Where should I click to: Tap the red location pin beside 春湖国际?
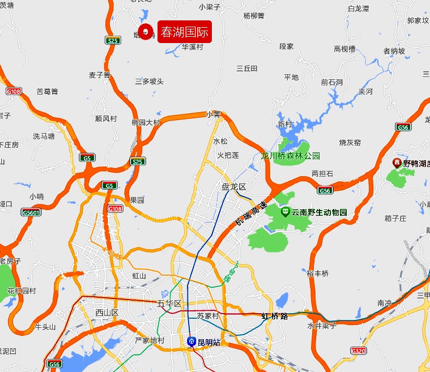pos(146,32)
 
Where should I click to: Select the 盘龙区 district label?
pos(233,186)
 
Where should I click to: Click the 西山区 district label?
pos(107,313)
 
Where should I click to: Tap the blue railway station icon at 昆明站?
pos(192,341)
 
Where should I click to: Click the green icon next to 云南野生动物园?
pos(285,212)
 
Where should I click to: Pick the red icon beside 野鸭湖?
pos(397,163)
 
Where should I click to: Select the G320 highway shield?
pos(359,350)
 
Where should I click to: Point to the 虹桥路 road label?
pos(274,316)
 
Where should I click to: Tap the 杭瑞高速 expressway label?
pos(251,215)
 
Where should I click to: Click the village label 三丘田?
pos(247,69)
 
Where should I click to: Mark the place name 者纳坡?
pos(394,51)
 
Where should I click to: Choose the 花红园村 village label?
pos(22,290)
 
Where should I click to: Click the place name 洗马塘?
pos(44,136)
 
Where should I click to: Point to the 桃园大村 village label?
pos(146,122)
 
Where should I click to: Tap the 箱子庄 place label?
pos(395,218)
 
